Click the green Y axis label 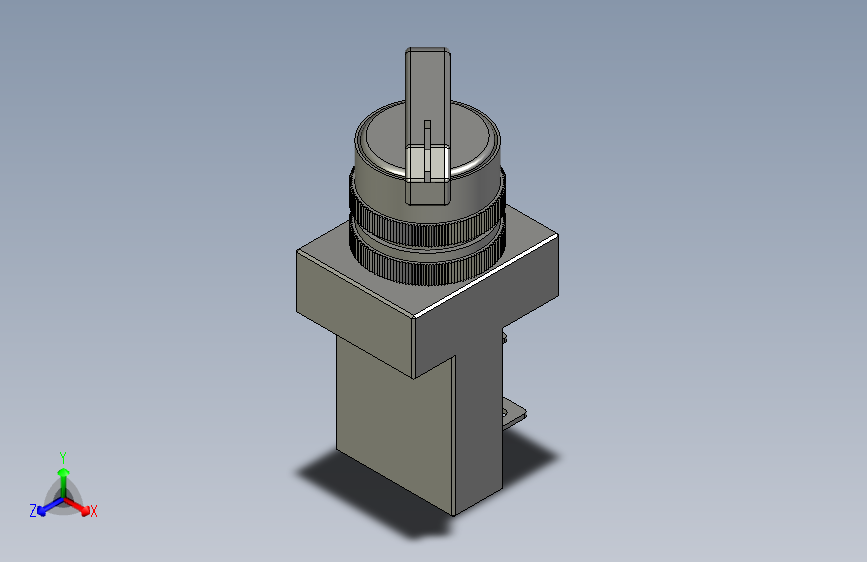pyautogui.click(x=63, y=458)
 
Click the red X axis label pyautogui.click(x=93, y=511)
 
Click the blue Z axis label pyautogui.click(x=33, y=511)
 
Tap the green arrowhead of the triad pyautogui.click(x=64, y=472)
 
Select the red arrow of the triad pyautogui.click(x=76, y=506)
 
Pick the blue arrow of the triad pyautogui.click(x=51, y=506)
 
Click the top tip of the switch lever pyautogui.click(x=427, y=49)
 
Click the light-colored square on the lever pyautogui.click(x=427, y=163)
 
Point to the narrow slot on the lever pyautogui.click(x=427, y=150)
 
